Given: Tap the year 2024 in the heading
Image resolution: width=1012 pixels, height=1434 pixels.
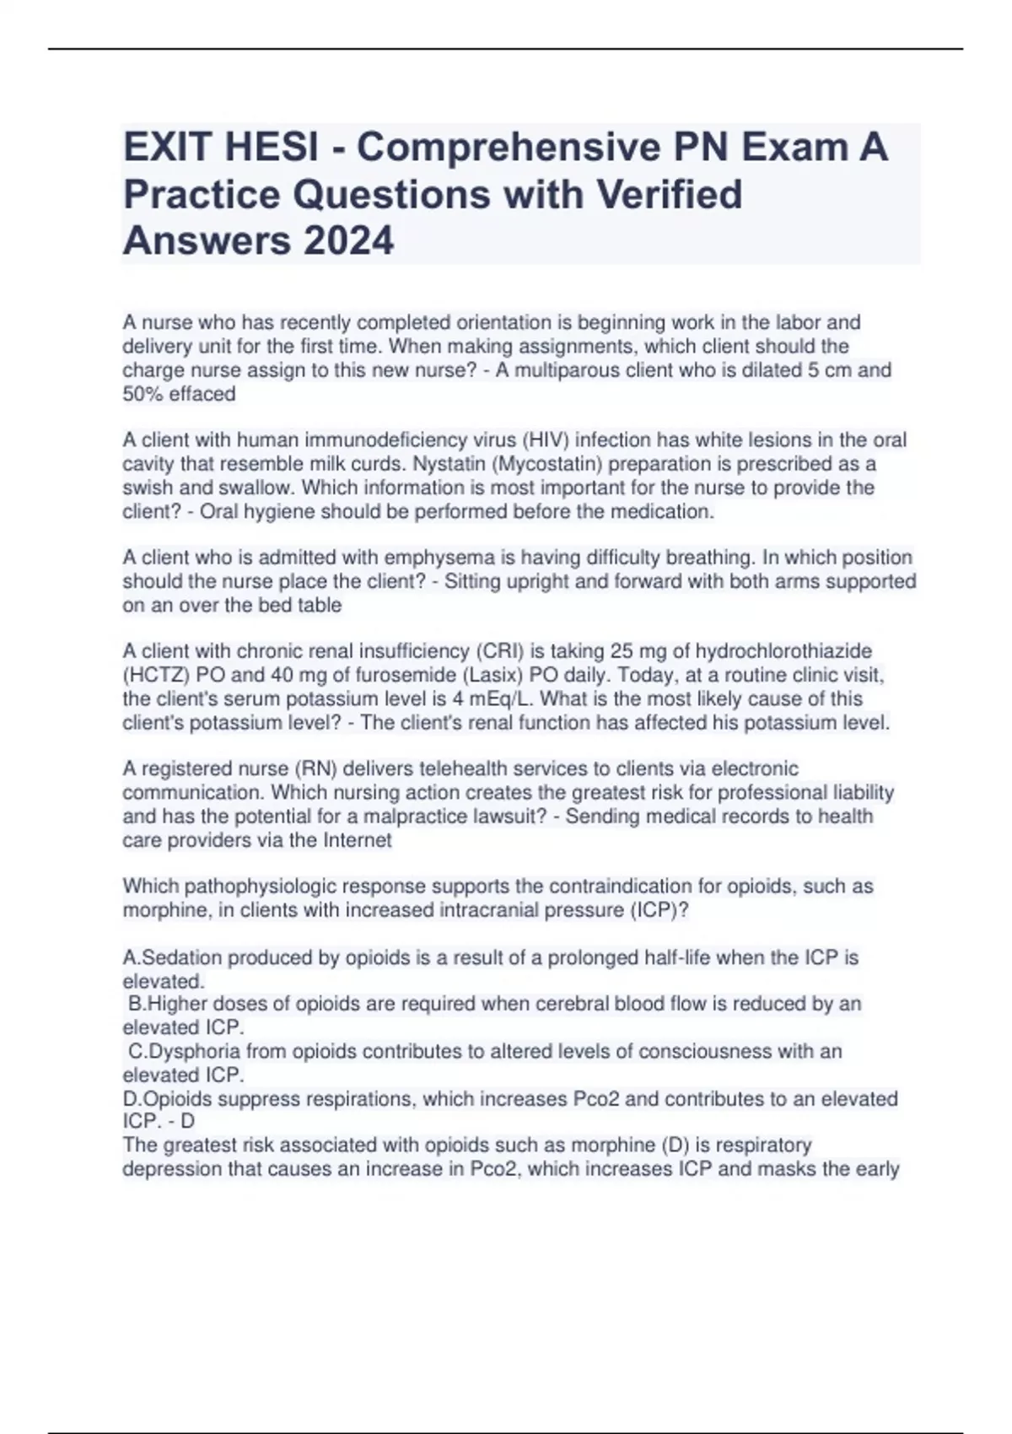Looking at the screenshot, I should click(348, 241).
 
